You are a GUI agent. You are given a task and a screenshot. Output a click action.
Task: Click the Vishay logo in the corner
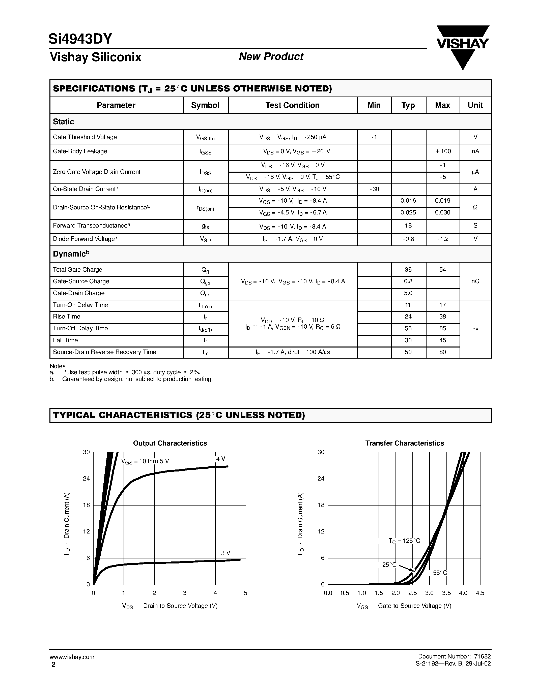click(463, 47)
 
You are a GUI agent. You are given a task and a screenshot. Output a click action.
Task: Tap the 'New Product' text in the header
click(271, 57)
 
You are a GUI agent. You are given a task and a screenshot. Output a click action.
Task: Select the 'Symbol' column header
click(205, 105)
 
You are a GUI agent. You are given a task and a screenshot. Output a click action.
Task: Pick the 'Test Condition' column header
click(292, 105)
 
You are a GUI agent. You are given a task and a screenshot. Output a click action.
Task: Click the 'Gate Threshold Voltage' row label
click(85, 137)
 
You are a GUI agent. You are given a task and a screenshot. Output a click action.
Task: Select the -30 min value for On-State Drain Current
click(374, 189)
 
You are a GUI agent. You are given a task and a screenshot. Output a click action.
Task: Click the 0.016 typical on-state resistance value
click(408, 201)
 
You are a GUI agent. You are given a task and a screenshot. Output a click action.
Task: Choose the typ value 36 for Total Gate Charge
click(408, 270)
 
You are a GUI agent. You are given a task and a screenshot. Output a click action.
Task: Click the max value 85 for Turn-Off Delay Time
click(443, 328)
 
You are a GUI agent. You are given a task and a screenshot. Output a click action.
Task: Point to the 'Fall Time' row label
click(65, 340)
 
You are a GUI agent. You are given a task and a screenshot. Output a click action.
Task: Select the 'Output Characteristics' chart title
click(170, 443)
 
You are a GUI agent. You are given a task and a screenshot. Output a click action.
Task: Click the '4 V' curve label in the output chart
click(221, 459)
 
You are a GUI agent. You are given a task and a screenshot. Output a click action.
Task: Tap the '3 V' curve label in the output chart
click(225, 553)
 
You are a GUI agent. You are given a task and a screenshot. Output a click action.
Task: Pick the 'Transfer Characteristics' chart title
click(405, 443)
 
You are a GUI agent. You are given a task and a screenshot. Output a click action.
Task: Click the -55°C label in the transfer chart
click(439, 573)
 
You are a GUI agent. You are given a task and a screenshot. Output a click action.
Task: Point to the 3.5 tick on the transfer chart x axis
click(446, 593)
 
